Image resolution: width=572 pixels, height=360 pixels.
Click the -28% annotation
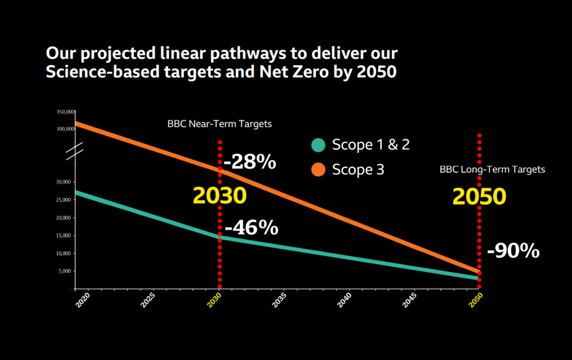point(250,162)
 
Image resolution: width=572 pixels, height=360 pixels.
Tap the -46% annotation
point(252,228)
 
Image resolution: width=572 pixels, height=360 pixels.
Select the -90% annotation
point(513,251)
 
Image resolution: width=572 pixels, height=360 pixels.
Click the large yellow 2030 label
point(220,196)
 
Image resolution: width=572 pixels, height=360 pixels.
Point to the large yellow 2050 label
point(479,196)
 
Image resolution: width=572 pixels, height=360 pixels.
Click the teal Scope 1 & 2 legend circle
point(319,145)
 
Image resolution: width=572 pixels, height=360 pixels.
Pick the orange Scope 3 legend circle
point(319,170)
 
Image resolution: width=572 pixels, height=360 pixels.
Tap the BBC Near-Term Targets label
point(220,124)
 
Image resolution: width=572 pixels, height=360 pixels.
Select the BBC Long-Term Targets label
point(492,170)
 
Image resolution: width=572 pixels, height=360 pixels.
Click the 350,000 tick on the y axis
point(66,112)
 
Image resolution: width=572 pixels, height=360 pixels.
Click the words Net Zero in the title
point(295,71)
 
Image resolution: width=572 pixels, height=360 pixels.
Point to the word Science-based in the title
point(102,71)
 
